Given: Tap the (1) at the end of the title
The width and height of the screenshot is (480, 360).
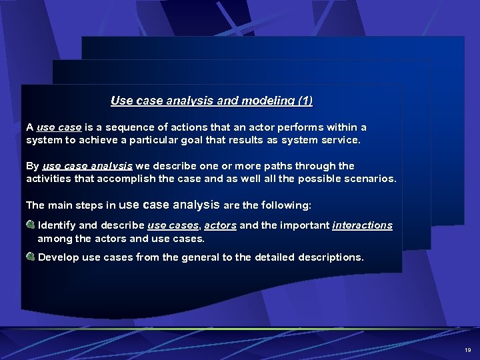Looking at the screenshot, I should (x=305, y=101).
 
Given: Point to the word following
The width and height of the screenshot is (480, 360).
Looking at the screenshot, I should (x=288, y=204).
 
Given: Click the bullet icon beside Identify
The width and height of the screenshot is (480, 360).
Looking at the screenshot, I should (x=31, y=225).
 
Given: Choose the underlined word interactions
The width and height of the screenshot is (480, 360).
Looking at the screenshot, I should (x=362, y=225).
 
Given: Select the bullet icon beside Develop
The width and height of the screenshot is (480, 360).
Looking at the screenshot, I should (x=31, y=257).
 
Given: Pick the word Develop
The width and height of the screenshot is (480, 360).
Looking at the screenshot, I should (x=59, y=257).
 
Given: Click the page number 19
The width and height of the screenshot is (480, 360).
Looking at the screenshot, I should (x=467, y=349).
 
